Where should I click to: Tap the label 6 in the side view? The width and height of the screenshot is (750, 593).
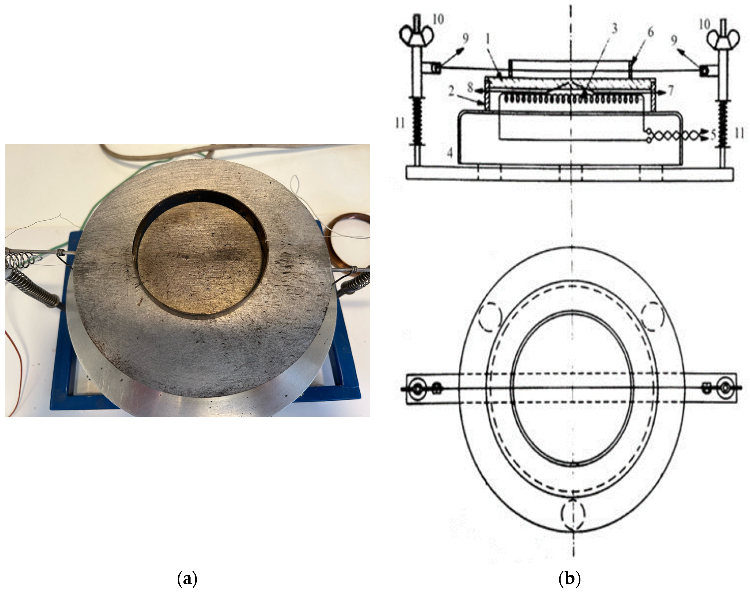pos(650,32)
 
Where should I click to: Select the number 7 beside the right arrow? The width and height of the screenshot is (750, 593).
pos(671,91)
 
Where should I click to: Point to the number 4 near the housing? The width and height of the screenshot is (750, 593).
pos(450,153)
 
